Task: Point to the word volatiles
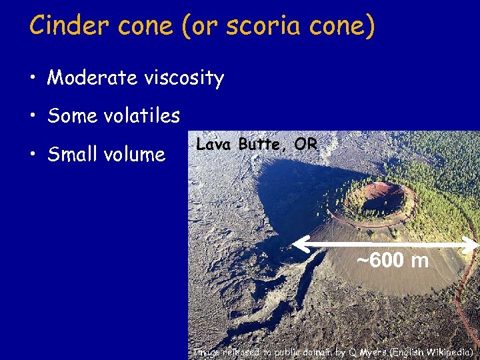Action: click(142, 116)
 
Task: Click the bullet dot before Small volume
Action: click(32, 155)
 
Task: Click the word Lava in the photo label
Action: click(211, 144)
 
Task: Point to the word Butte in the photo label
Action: click(259, 144)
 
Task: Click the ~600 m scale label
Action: click(392, 260)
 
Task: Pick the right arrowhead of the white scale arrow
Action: click(474, 245)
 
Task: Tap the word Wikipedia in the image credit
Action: click(448, 351)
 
